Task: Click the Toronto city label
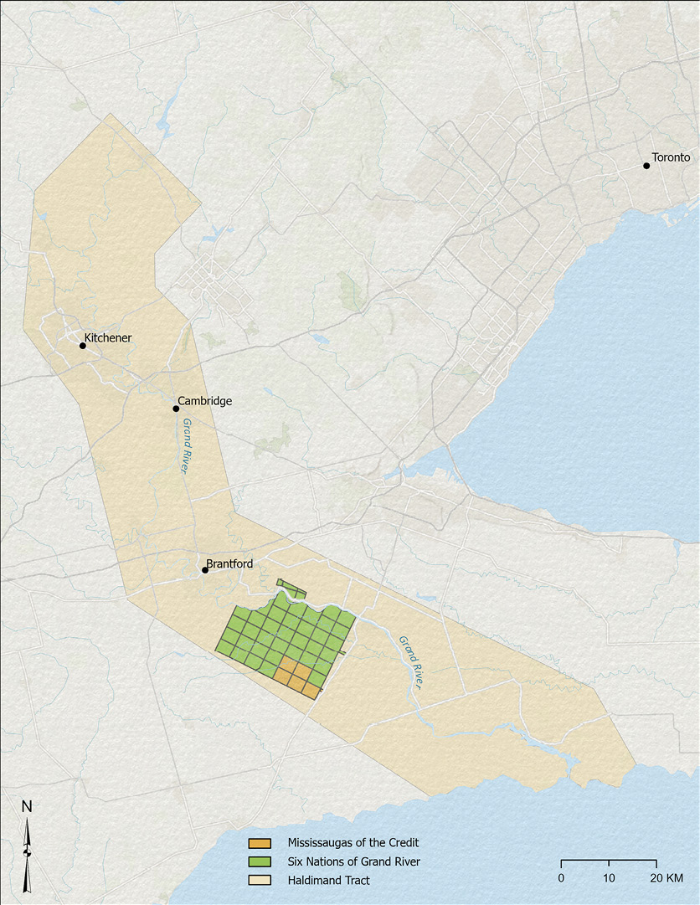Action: click(671, 157)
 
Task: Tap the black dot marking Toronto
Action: click(646, 166)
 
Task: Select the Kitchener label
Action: click(108, 337)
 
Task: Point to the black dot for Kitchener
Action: click(83, 345)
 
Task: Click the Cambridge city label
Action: click(204, 401)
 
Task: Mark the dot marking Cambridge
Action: click(176, 409)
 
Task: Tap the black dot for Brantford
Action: click(205, 570)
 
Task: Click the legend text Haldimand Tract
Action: click(328, 881)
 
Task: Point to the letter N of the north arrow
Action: click(27, 807)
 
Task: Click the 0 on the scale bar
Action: click(561, 877)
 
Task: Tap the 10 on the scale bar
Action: click(609, 877)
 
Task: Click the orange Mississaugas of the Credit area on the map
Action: click(295, 676)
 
